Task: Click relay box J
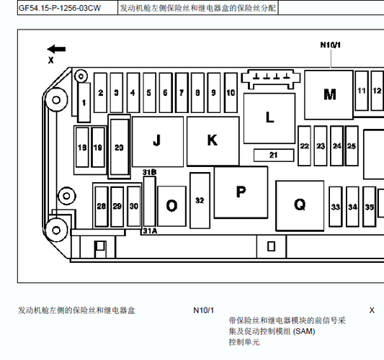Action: pos(158,142)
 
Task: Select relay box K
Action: pos(213,141)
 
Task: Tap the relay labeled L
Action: pos(269,118)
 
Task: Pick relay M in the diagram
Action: pos(329,95)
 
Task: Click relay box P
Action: pos(241,192)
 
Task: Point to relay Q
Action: pos(300,206)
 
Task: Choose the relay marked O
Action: pos(171,206)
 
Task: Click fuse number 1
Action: pos(84,102)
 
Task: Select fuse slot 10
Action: pos(231,92)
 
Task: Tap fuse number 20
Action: pos(120,147)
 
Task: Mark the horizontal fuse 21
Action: pos(274,155)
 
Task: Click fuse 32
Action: pos(200,200)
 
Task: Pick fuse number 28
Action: pos(102,207)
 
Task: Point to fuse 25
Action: pos(352,146)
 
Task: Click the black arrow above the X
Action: pos(56,49)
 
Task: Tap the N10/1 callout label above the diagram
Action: pos(331,45)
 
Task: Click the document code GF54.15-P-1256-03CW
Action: pos(60,8)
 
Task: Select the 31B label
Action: pos(149,172)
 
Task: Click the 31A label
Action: pos(150,231)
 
